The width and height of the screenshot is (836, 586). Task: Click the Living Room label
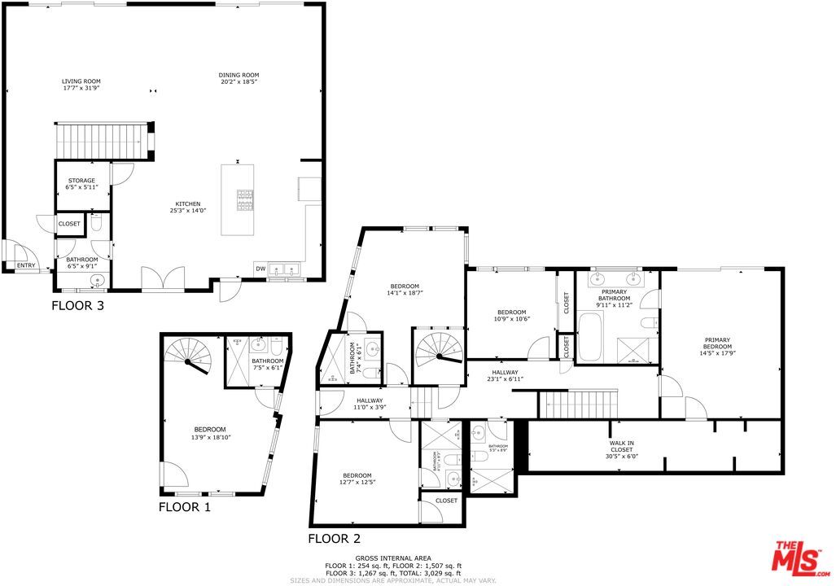click(x=81, y=81)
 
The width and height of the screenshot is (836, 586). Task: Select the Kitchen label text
click(x=188, y=204)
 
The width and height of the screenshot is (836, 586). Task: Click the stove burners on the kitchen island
click(x=245, y=199)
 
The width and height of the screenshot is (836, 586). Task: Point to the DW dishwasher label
click(x=260, y=269)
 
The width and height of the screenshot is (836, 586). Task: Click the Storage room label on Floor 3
click(x=81, y=181)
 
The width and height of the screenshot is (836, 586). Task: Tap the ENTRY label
click(x=26, y=265)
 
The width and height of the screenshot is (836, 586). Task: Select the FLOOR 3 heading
click(x=77, y=307)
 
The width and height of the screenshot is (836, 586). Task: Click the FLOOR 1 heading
click(x=184, y=507)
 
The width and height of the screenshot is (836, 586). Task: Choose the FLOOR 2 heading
click(x=334, y=538)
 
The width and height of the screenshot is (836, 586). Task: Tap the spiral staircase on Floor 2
click(x=438, y=351)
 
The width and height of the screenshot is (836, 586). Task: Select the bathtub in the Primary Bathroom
click(x=590, y=342)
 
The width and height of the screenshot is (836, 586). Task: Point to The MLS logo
click(x=801, y=557)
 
